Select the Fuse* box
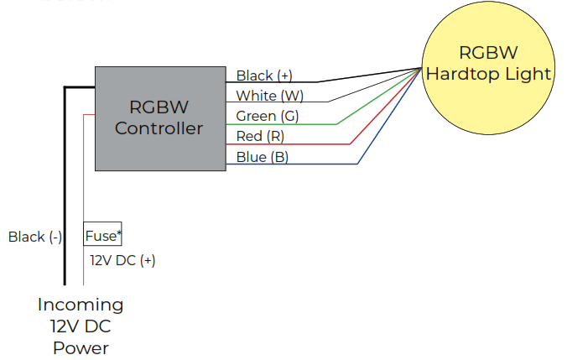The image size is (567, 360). click(103, 236)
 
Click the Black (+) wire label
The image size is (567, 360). click(264, 76)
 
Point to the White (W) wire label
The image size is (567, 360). click(269, 96)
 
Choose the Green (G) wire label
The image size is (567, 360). click(267, 116)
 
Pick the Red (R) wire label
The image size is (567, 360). click(261, 136)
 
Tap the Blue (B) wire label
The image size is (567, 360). click(262, 157)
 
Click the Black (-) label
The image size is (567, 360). click(35, 237)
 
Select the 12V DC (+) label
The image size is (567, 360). click(122, 260)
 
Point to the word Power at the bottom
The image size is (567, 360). click(81, 347)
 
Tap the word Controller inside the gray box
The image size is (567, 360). click(159, 128)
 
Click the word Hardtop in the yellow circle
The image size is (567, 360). click(459, 74)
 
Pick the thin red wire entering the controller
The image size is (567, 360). click(84, 168)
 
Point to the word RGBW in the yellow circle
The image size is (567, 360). click(488, 53)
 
